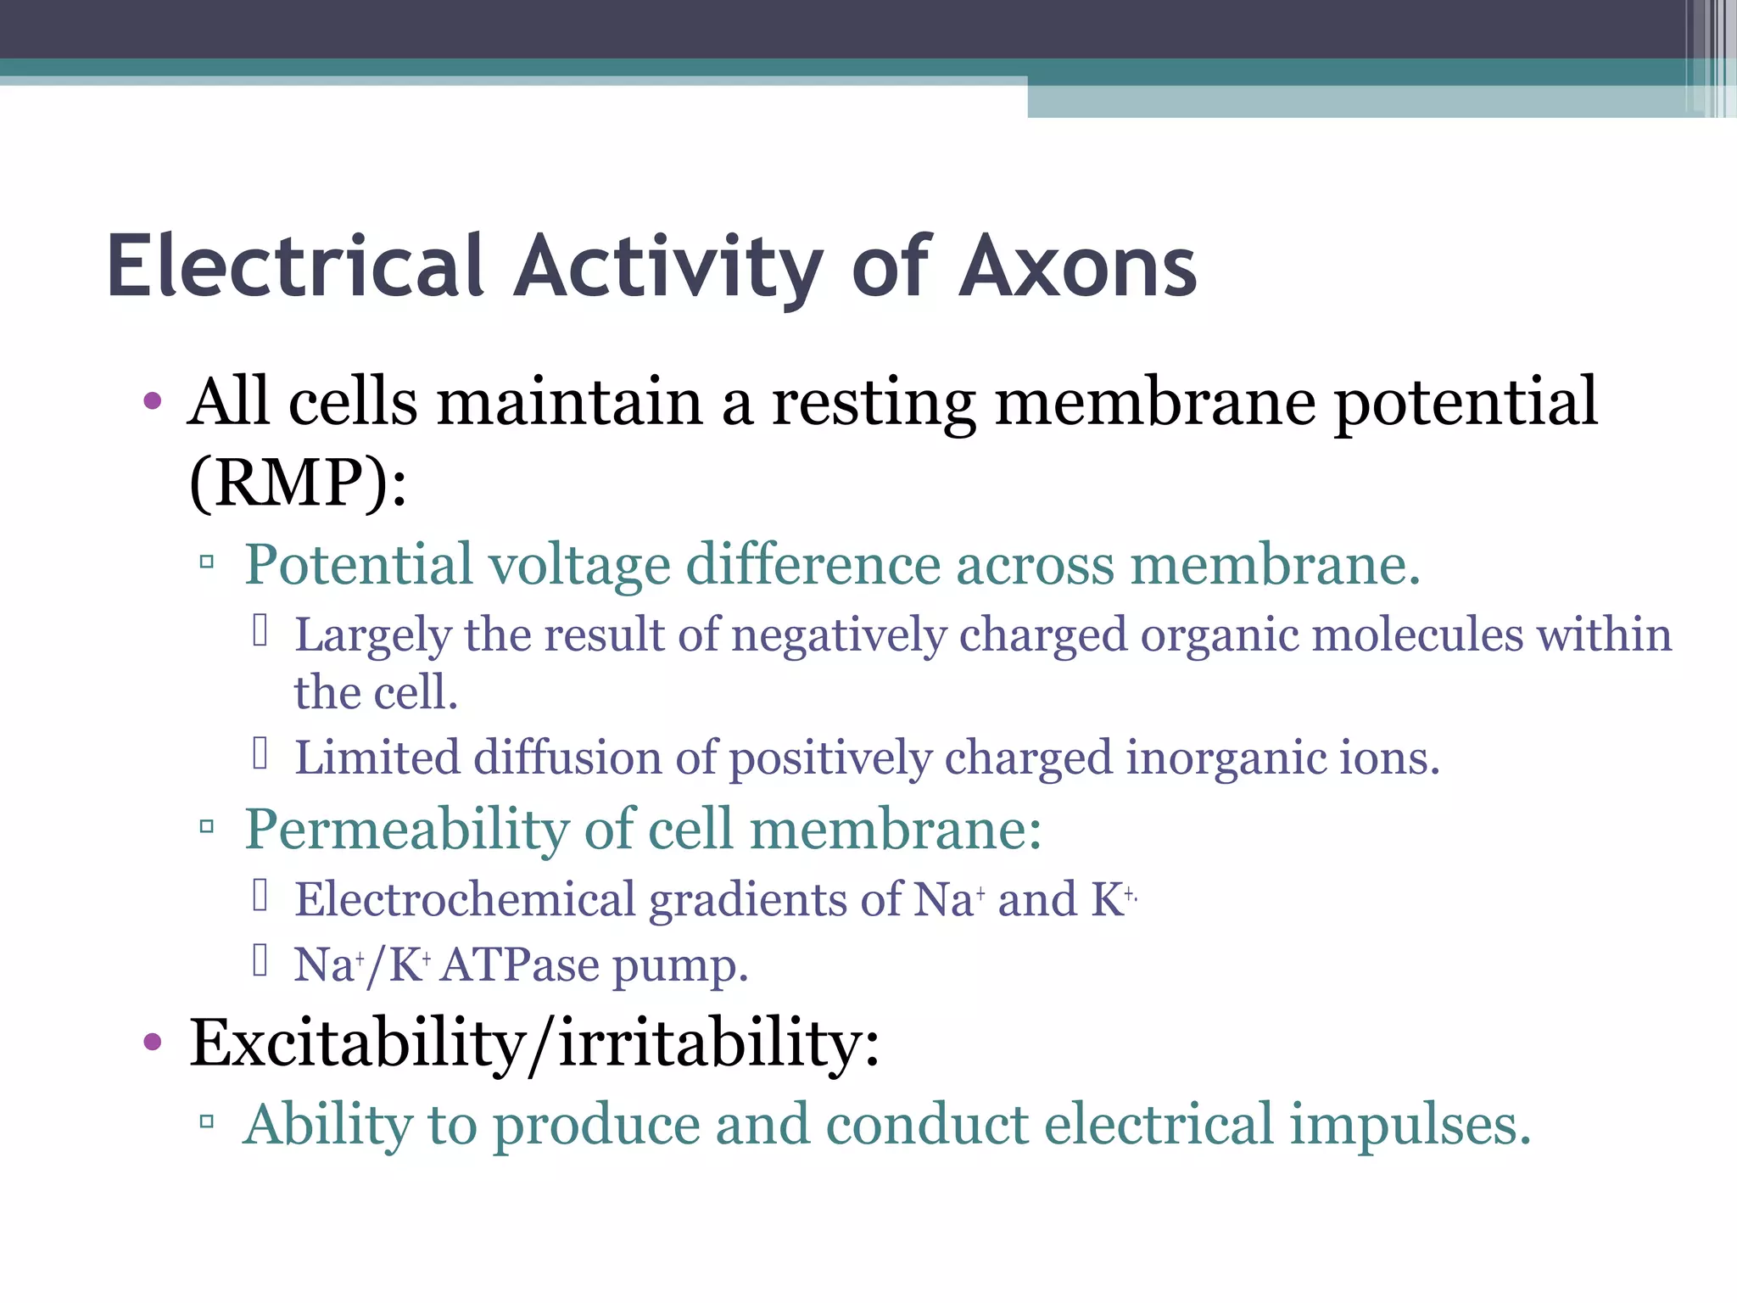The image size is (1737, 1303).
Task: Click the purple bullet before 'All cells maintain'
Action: (153, 401)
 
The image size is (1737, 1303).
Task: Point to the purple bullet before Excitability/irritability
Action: (153, 1042)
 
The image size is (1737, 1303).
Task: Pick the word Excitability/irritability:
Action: (534, 1043)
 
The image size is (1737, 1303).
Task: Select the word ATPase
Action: (520, 965)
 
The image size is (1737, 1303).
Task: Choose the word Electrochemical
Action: (465, 899)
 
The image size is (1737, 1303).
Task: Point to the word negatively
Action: (839, 636)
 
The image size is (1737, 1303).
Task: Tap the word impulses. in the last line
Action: (1410, 1126)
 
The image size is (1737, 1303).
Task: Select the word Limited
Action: (377, 758)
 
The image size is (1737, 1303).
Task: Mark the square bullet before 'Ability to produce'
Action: (206, 1122)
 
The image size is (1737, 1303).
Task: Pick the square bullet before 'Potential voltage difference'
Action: (206, 561)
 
